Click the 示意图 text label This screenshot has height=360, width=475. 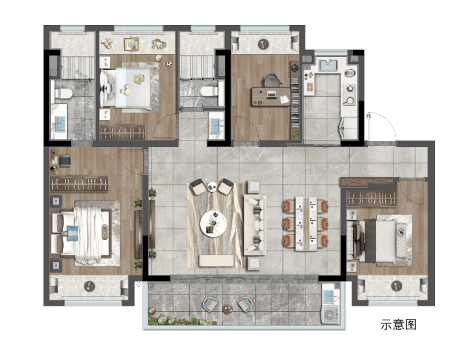pyautogui.click(x=399, y=325)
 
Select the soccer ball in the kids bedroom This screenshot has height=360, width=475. pyautogui.click(x=169, y=64)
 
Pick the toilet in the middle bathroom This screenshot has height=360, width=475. pyautogui.click(x=209, y=91)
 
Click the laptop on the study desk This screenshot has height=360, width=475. pyautogui.click(x=271, y=96)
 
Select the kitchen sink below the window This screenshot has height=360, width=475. pyautogui.click(x=328, y=65)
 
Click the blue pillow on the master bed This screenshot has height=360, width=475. pyautogui.click(x=72, y=233)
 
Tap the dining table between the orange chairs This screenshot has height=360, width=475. pyautogui.click(x=306, y=224)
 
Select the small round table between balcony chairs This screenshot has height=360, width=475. pyautogui.click(x=227, y=309)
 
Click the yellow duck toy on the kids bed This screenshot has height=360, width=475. pyautogui.click(x=139, y=79)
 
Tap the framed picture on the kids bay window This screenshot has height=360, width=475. pyautogui.click(x=131, y=44)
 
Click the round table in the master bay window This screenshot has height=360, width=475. pyautogui.click(x=89, y=286)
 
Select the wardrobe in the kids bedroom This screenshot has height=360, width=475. pyautogui.click(x=122, y=132)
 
